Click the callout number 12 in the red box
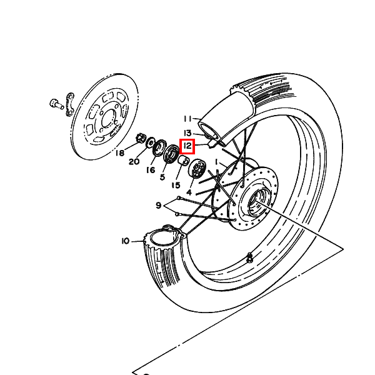click(x=187, y=146)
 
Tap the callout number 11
click(x=187, y=119)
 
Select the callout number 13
click(x=187, y=133)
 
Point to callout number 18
click(x=120, y=153)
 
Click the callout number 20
click(x=134, y=162)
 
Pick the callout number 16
click(x=151, y=170)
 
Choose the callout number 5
click(x=162, y=177)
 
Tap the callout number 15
click(x=176, y=185)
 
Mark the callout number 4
click(x=189, y=192)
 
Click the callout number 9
click(x=158, y=205)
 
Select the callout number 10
click(x=126, y=241)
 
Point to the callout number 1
click(x=216, y=162)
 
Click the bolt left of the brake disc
click(x=56, y=104)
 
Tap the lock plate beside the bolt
click(x=70, y=104)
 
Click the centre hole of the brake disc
click(x=109, y=119)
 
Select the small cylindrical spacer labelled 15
click(x=184, y=161)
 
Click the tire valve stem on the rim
click(x=249, y=257)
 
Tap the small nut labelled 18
click(x=141, y=138)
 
